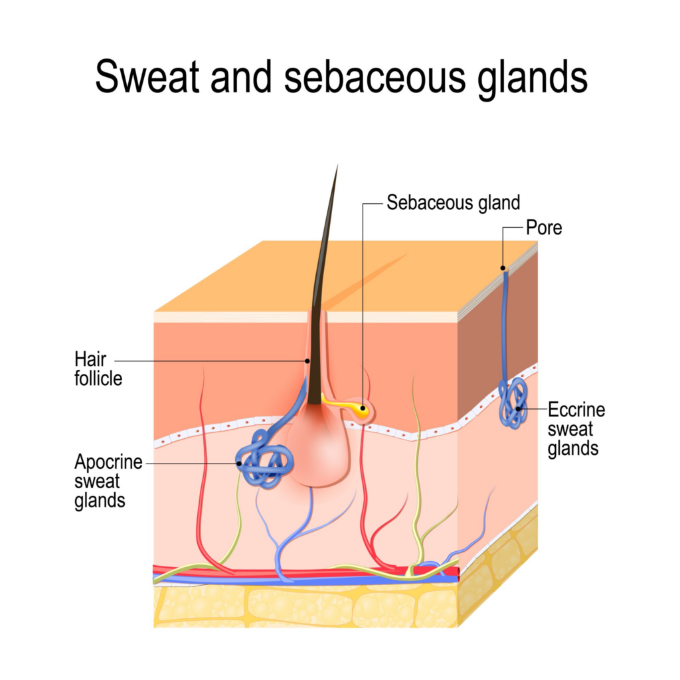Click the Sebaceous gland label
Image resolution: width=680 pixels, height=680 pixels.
[453, 203]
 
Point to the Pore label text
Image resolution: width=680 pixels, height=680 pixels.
[543, 228]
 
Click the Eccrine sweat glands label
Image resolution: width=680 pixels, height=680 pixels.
[576, 429]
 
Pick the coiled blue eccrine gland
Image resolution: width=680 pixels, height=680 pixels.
[512, 402]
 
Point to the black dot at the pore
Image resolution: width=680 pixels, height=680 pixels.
[503, 269]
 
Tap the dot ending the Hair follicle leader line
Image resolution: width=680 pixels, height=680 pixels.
[307, 361]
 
